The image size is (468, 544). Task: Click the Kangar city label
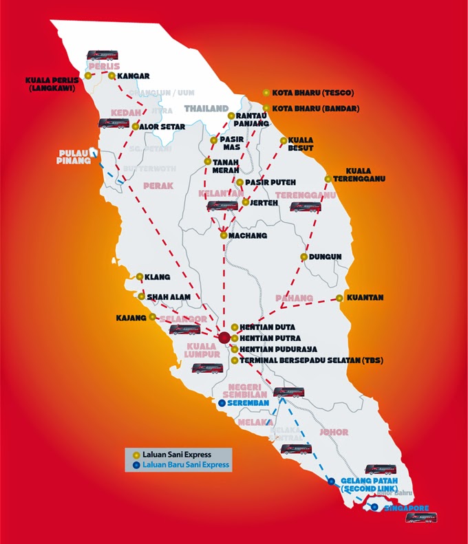(x=134, y=76)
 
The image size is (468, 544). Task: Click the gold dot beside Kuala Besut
(x=284, y=140)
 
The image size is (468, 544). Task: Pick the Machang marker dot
(x=224, y=235)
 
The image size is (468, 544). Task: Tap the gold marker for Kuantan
(x=340, y=298)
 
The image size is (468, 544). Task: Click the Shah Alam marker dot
(x=141, y=297)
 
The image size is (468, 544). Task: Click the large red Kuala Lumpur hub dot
(x=224, y=337)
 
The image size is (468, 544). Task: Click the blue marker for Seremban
(x=221, y=404)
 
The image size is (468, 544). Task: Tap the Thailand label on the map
(x=206, y=109)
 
